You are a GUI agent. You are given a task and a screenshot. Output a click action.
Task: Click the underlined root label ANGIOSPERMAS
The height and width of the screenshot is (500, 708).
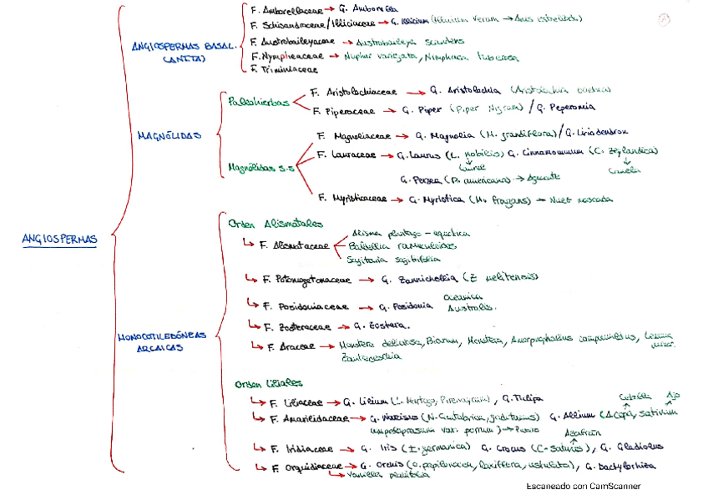[59, 240]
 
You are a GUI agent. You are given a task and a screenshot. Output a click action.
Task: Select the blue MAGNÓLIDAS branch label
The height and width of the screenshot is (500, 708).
[168, 134]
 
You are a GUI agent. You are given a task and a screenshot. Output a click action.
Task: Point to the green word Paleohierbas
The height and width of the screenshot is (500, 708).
[258, 101]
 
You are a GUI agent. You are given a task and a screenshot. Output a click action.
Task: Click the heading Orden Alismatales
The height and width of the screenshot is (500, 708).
[265, 223]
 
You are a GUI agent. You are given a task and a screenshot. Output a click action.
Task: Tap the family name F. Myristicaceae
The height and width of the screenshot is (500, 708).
[351, 199]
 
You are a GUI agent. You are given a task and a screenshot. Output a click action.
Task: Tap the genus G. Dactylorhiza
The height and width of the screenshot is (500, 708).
[620, 466]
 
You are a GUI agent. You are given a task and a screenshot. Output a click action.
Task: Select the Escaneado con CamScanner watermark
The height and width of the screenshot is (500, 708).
[582, 486]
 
